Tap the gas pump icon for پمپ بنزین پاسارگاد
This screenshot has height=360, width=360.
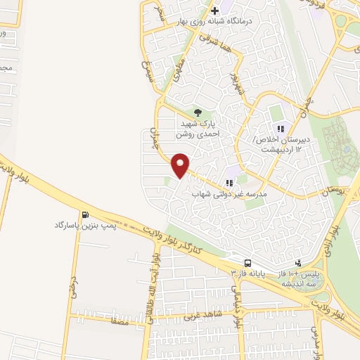[x=85, y=215]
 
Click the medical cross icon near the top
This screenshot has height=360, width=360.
[x=214, y=11]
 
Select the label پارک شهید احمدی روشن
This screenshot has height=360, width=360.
[x=197, y=126]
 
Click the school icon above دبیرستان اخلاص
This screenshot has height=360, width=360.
[x=281, y=129]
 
